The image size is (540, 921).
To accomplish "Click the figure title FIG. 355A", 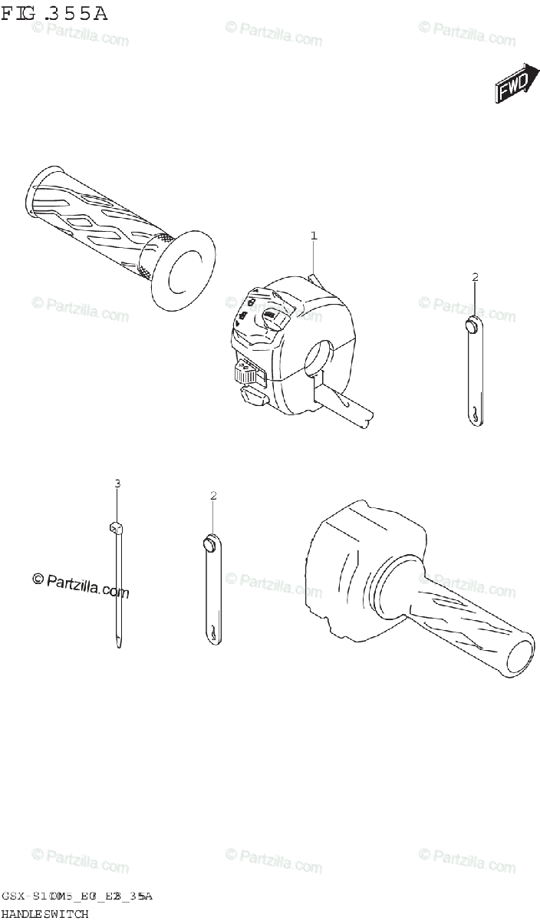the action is coord(54,14).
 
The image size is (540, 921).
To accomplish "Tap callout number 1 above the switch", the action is coord(313,236).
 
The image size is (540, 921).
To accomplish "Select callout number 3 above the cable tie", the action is coord(117,483).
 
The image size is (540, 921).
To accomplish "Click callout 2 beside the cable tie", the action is coord(213,495).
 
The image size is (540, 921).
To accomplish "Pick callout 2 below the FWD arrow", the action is coord(475,276).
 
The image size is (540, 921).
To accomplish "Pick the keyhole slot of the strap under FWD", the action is coord(476,414).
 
